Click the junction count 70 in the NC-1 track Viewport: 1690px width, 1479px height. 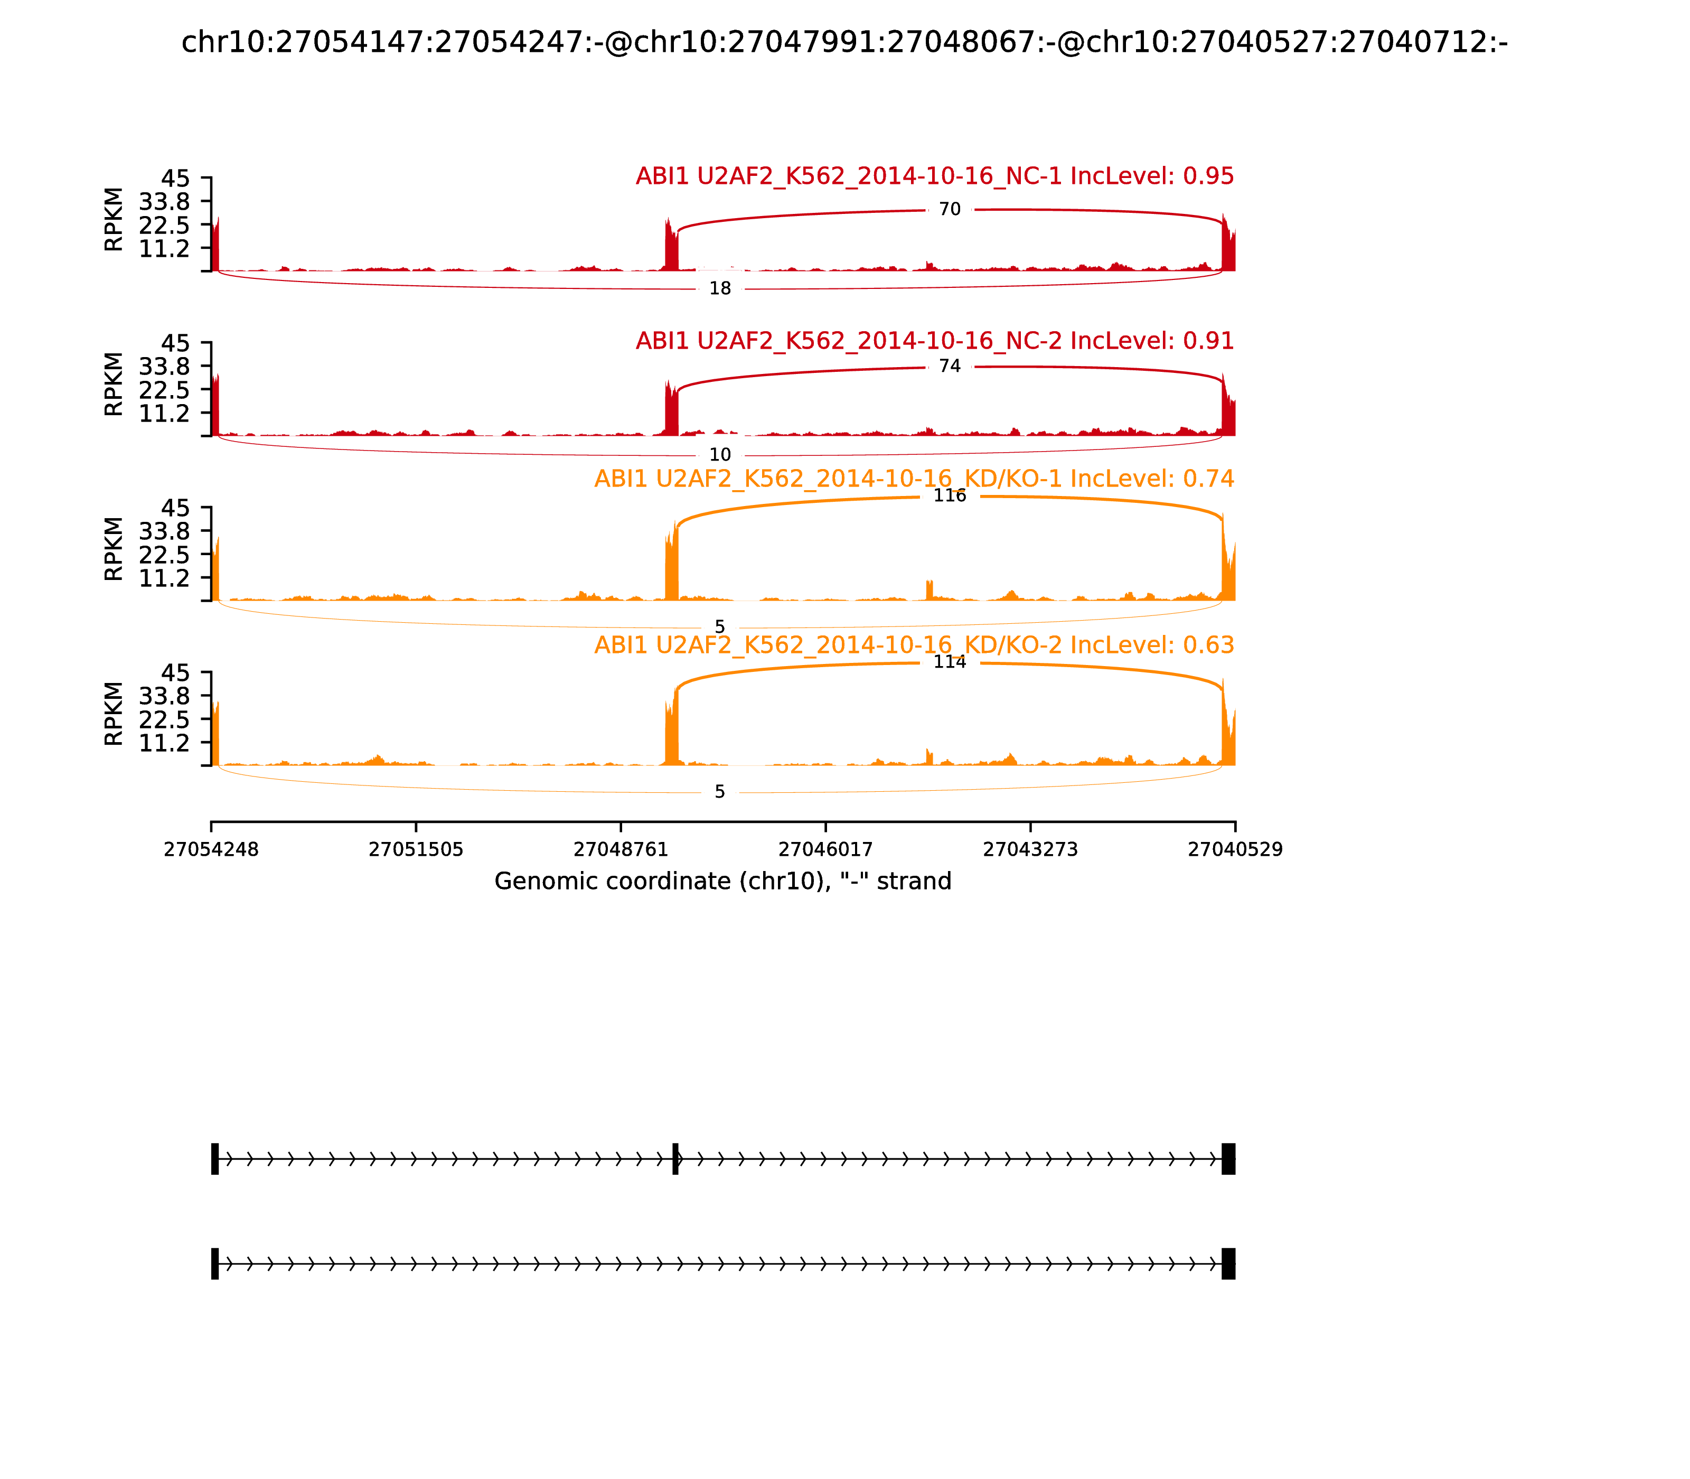click(x=950, y=210)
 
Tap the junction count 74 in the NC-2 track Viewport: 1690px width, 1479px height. click(x=950, y=367)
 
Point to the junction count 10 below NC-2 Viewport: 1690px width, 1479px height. click(x=720, y=455)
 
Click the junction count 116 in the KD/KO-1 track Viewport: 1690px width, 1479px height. click(x=950, y=496)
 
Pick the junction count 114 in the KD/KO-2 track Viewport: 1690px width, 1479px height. click(x=950, y=663)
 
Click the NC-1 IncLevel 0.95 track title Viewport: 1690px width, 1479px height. click(x=935, y=176)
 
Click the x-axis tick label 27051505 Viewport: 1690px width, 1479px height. click(x=416, y=850)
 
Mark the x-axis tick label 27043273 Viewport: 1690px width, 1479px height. click(x=1031, y=850)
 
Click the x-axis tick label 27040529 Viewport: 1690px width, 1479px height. click(x=1235, y=850)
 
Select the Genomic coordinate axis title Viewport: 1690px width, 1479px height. click(x=723, y=882)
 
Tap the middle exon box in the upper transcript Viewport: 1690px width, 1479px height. click(x=675, y=1159)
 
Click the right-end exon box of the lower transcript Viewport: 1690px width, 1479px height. click(x=1229, y=1263)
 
